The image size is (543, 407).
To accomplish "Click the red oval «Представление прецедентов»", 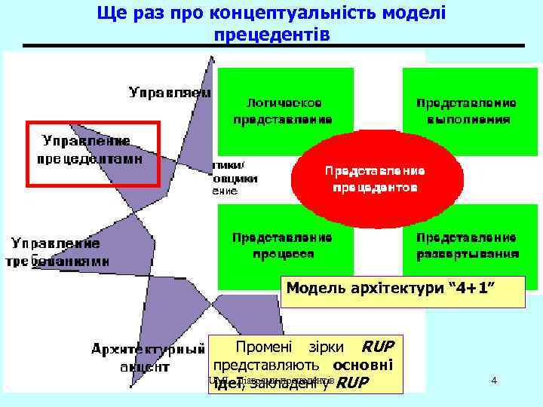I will point(374,179).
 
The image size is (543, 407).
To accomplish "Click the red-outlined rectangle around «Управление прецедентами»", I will point(94,152).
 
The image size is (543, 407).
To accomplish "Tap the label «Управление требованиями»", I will point(60,252).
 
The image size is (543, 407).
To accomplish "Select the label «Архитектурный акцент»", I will point(149,358).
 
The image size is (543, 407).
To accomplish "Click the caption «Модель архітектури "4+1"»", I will point(403,288).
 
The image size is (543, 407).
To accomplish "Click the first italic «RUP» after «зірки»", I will point(377,347).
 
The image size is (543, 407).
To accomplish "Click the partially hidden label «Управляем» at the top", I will point(169,93).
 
